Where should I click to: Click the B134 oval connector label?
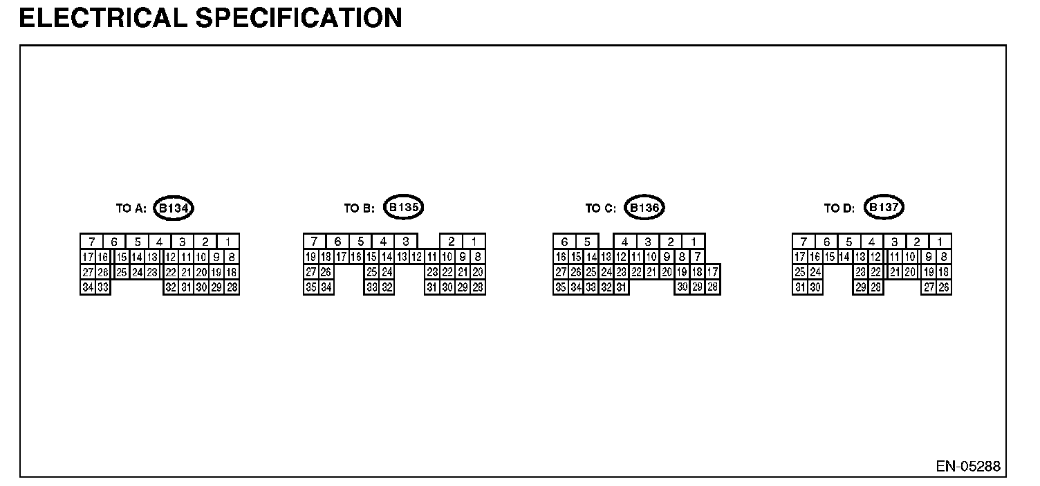pyautogui.click(x=174, y=208)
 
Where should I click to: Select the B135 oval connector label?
pyautogui.click(x=402, y=207)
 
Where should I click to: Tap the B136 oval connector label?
pyautogui.click(x=644, y=208)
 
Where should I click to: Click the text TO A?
pyautogui.click(x=131, y=208)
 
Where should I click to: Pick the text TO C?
pyautogui.click(x=600, y=208)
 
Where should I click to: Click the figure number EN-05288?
pyautogui.click(x=968, y=467)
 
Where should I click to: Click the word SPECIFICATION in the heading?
pyautogui.click(x=299, y=18)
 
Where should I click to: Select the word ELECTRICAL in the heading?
pyautogui.click(x=104, y=18)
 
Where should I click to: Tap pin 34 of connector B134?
pyautogui.click(x=88, y=287)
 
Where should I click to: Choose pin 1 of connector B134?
pyautogui.click(x=228, y=242)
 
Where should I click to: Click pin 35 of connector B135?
pyautogui.click(x=311, y=287)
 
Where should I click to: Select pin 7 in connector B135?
pyautogui.click(x=315, y=242)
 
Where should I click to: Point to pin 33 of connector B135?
pyautogui.click(x=371, y=287)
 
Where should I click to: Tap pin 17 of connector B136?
pyautogui.click(x=713, y=272)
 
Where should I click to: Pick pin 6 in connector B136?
pyautogui.click(x=564, y=242)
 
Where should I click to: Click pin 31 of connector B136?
pyautogui.click(x=622, y=287)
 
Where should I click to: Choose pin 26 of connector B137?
pyautogui.click(x=944, y=287)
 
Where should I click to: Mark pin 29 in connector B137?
pyautogui.click(x=861, y=287)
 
